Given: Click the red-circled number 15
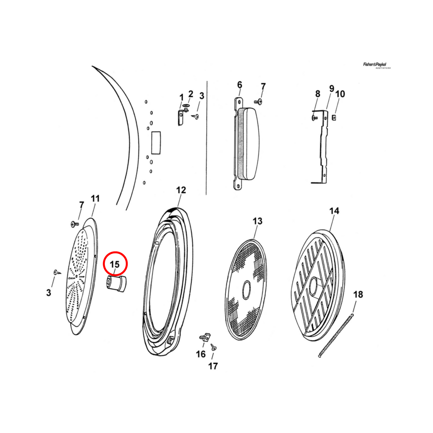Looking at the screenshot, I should [115, 264].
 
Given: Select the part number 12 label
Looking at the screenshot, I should [181, 190].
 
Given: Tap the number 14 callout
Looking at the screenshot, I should [334, 211].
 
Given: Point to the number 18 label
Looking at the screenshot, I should [358, 294].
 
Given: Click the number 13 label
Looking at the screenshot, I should [257, 221].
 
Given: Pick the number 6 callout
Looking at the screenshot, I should [239, 85].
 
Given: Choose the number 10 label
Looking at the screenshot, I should [340, 94].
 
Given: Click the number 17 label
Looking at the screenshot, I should [213, 366].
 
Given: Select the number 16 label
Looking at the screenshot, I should [201, 354].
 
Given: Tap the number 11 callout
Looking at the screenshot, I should [95, 198].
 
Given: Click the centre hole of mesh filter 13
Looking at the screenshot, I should [246, 290].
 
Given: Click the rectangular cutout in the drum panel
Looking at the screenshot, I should [156, 143].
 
